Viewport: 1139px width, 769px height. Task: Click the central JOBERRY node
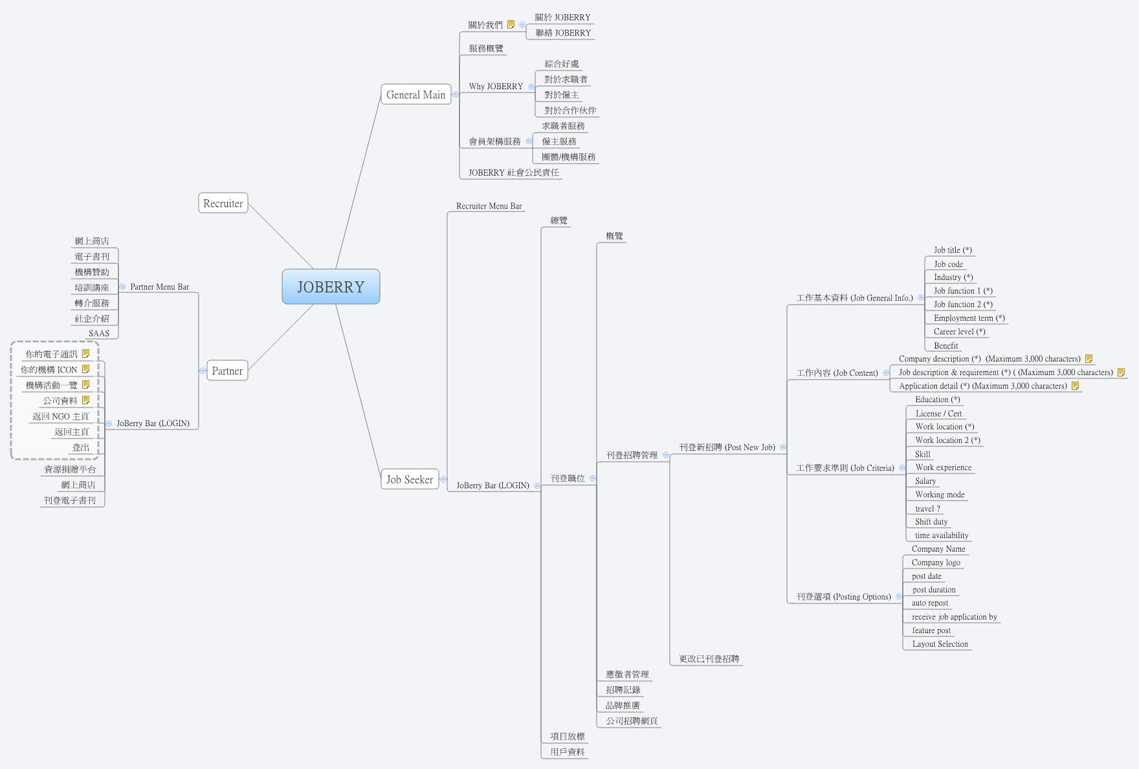(x=331, y=287)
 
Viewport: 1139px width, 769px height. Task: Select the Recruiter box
(x=223, y=203)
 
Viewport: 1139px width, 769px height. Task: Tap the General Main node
(x=415, y=94)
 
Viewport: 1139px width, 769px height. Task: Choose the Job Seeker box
(x=410, y=479)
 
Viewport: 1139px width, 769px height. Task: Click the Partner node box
(x=227, y=371)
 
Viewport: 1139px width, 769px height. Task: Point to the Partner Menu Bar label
(x=159, y=287)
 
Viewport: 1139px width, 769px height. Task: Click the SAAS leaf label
(x=99, y=333)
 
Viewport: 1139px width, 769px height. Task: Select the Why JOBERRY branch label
(x=496, y=86)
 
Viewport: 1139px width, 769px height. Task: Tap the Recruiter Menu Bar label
(x=489, y=206)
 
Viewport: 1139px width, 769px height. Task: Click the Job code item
(x=948, y=264)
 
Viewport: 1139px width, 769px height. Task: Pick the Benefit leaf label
(x=945, y=345)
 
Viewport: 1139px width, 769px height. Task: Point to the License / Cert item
(x=938, y=413)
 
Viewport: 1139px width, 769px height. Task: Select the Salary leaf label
(x=925, y=481)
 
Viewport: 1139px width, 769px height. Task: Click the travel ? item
(x=927, y=508)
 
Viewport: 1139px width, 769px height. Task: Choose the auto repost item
(x=930, y=603)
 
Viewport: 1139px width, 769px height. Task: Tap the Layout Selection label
(x=940, y=644)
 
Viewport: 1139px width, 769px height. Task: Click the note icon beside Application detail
(x=1075, y=385)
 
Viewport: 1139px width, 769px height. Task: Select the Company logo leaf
(x=936, y=562)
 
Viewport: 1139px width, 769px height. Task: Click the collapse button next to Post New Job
(x=783, y=447)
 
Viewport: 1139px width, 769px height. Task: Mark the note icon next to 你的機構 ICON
(x=85, y=369)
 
